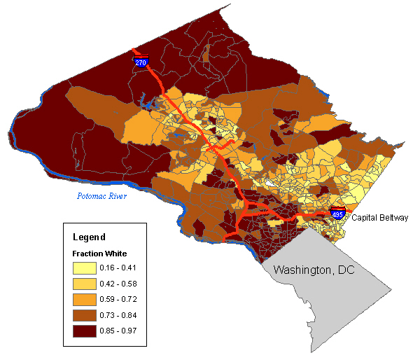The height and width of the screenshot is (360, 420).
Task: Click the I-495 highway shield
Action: coord(337,214)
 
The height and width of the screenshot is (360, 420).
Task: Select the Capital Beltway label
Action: coord(379,219)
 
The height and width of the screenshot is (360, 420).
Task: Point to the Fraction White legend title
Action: coord(99,253)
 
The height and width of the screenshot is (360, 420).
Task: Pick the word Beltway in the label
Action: coord(393,219)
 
